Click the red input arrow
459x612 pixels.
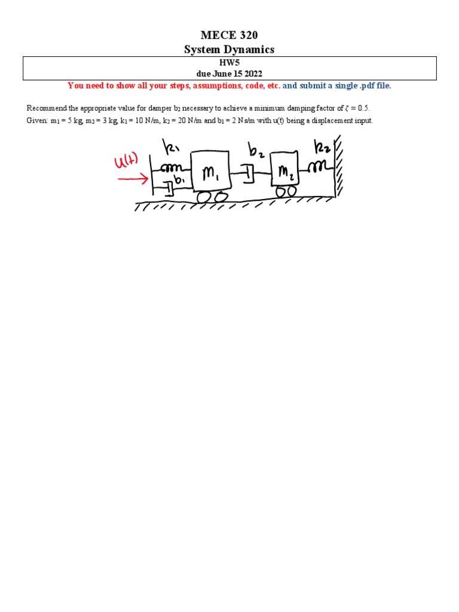[133, 178]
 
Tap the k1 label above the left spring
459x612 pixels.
[172, 147]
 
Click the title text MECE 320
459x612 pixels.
[229, 36]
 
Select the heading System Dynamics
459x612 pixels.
[229, 50]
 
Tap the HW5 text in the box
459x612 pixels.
[229, 62]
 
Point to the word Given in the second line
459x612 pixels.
[36, 120]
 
